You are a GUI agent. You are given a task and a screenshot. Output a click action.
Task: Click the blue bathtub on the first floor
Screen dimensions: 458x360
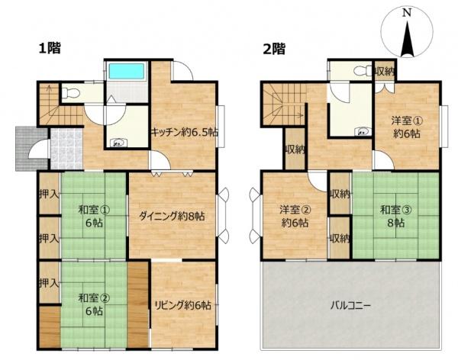[127, 71]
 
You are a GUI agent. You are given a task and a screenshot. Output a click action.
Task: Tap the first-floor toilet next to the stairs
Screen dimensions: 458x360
[71, 93]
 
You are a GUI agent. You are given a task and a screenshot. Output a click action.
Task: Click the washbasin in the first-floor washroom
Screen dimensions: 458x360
[118, 143]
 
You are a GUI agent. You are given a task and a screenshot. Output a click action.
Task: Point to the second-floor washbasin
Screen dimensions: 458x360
[363, 132]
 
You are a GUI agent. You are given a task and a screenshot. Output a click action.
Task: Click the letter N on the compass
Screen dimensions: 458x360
[407, 13]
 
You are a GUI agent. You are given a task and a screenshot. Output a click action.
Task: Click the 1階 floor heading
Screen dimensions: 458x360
[50, 48]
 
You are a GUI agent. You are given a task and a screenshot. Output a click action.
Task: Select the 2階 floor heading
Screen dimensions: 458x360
[274, 49]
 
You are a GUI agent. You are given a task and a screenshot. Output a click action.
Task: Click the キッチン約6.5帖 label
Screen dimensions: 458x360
[184, 132]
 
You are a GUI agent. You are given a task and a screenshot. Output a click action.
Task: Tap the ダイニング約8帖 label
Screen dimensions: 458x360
[172, 217]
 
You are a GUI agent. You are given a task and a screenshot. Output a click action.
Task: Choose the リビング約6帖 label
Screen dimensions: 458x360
[182, 305]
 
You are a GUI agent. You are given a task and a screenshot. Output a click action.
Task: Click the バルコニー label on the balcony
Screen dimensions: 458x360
[350, 306]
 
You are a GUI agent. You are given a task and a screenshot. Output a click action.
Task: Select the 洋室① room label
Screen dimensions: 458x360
[407, 121]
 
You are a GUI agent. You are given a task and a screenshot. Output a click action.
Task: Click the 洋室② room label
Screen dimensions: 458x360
[295, 210]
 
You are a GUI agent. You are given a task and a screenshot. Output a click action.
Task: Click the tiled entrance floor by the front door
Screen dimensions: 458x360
[67, 149]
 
